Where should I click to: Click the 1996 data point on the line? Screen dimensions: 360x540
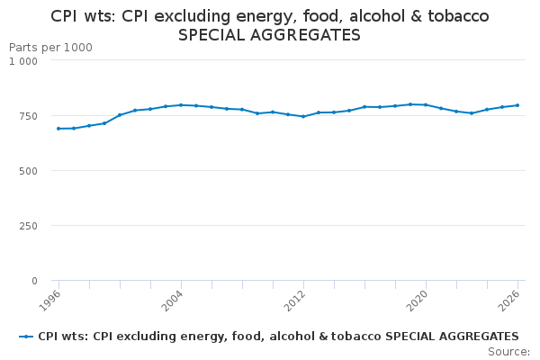click(58, 129)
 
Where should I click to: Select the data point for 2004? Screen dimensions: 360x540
click(181, 105)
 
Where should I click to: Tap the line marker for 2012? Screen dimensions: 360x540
click(303, 116)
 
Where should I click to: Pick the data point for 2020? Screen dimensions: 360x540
click(426, 105)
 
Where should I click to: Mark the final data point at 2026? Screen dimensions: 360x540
click(517, 105)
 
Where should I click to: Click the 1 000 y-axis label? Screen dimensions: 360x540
click(23, 61)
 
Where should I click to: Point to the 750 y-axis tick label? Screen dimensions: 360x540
click(28, 116)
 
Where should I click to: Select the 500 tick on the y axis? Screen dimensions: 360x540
click(28, 171)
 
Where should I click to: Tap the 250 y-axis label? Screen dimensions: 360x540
click(28, 226)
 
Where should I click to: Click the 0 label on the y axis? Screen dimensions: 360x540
click(34, 281)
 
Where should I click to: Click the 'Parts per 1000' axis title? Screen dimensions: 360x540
click(50, 47)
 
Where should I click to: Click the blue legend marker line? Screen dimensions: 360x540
click(26, 337)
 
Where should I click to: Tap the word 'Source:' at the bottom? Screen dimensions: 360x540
click(508, 352)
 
